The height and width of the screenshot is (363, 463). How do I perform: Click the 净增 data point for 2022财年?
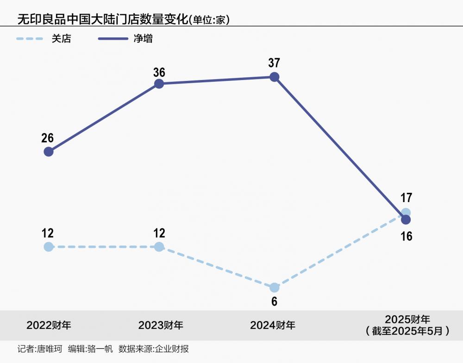coord(49,152)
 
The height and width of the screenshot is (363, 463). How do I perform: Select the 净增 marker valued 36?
coord(159,84)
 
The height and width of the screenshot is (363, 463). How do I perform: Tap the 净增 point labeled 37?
coord(274,77)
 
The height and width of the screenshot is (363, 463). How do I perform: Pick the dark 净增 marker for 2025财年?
coord(406,220)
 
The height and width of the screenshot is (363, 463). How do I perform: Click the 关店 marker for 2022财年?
coord(49,247)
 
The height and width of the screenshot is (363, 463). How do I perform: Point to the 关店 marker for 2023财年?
coord(159,247)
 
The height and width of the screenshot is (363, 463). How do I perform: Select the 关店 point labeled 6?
coord(274,288)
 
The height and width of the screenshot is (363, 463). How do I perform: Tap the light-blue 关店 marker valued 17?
coord(406,212)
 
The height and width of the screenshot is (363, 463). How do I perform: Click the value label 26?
coord(47,138)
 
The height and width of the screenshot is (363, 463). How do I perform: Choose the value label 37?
coord(274,63)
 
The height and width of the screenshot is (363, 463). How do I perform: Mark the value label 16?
coord(406,236)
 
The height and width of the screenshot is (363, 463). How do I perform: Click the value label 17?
coord(406,198)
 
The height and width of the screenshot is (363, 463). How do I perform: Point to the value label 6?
coord(274,301)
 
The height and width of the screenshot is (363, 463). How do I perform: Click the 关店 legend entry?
coord(61,39)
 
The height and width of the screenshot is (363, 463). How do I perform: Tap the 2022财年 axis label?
coord(49,325)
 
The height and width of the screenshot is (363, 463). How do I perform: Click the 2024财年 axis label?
coord(273,325)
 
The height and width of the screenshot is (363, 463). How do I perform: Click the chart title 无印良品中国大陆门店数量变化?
coord(102,19)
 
